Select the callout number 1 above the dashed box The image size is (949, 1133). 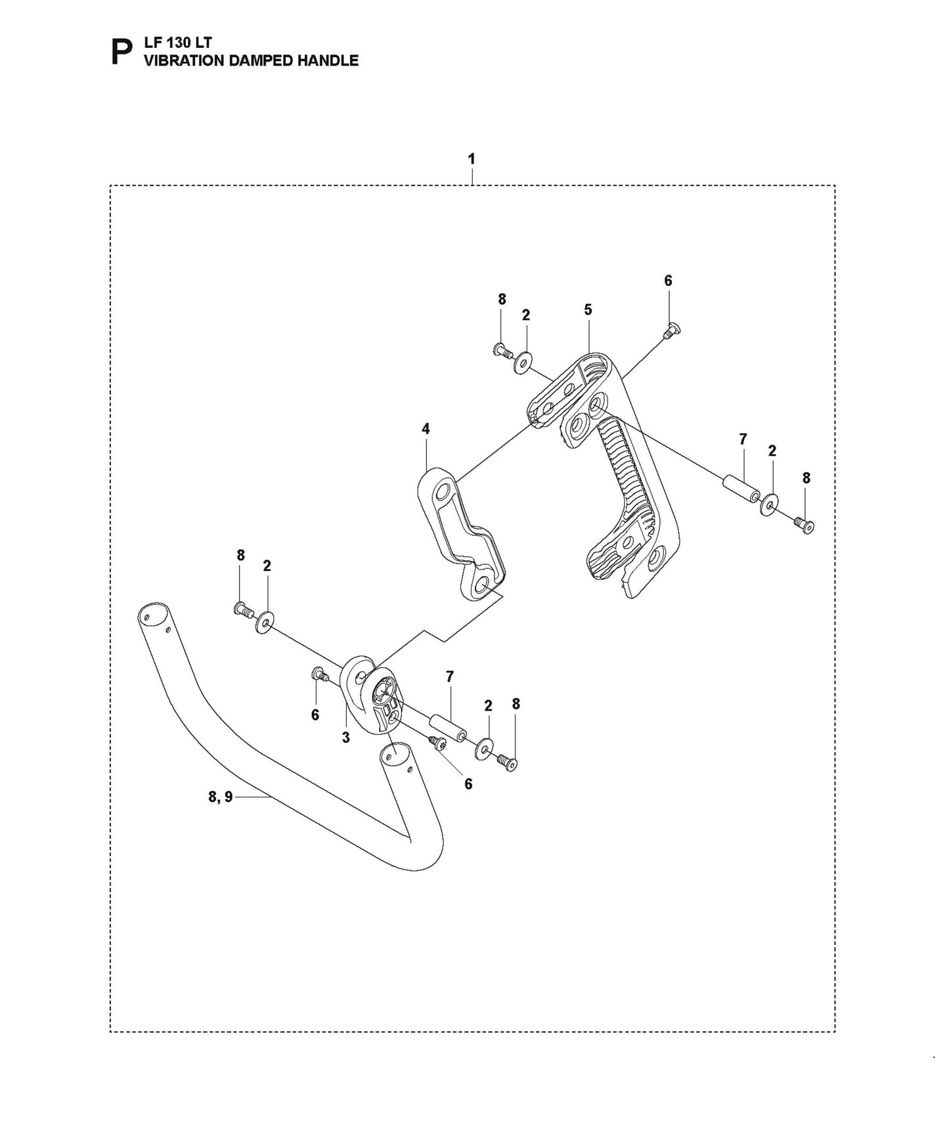(x=472, y=160)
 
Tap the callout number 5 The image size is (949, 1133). (x=588, y=309)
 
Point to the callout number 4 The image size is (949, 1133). (x=426, y=429)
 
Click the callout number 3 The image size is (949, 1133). (x=345, y=738)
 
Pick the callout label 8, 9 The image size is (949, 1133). (x=220, y=797)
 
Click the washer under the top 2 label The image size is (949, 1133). (x=523, y=362)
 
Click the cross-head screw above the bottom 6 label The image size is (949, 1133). (x=437, y=743)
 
